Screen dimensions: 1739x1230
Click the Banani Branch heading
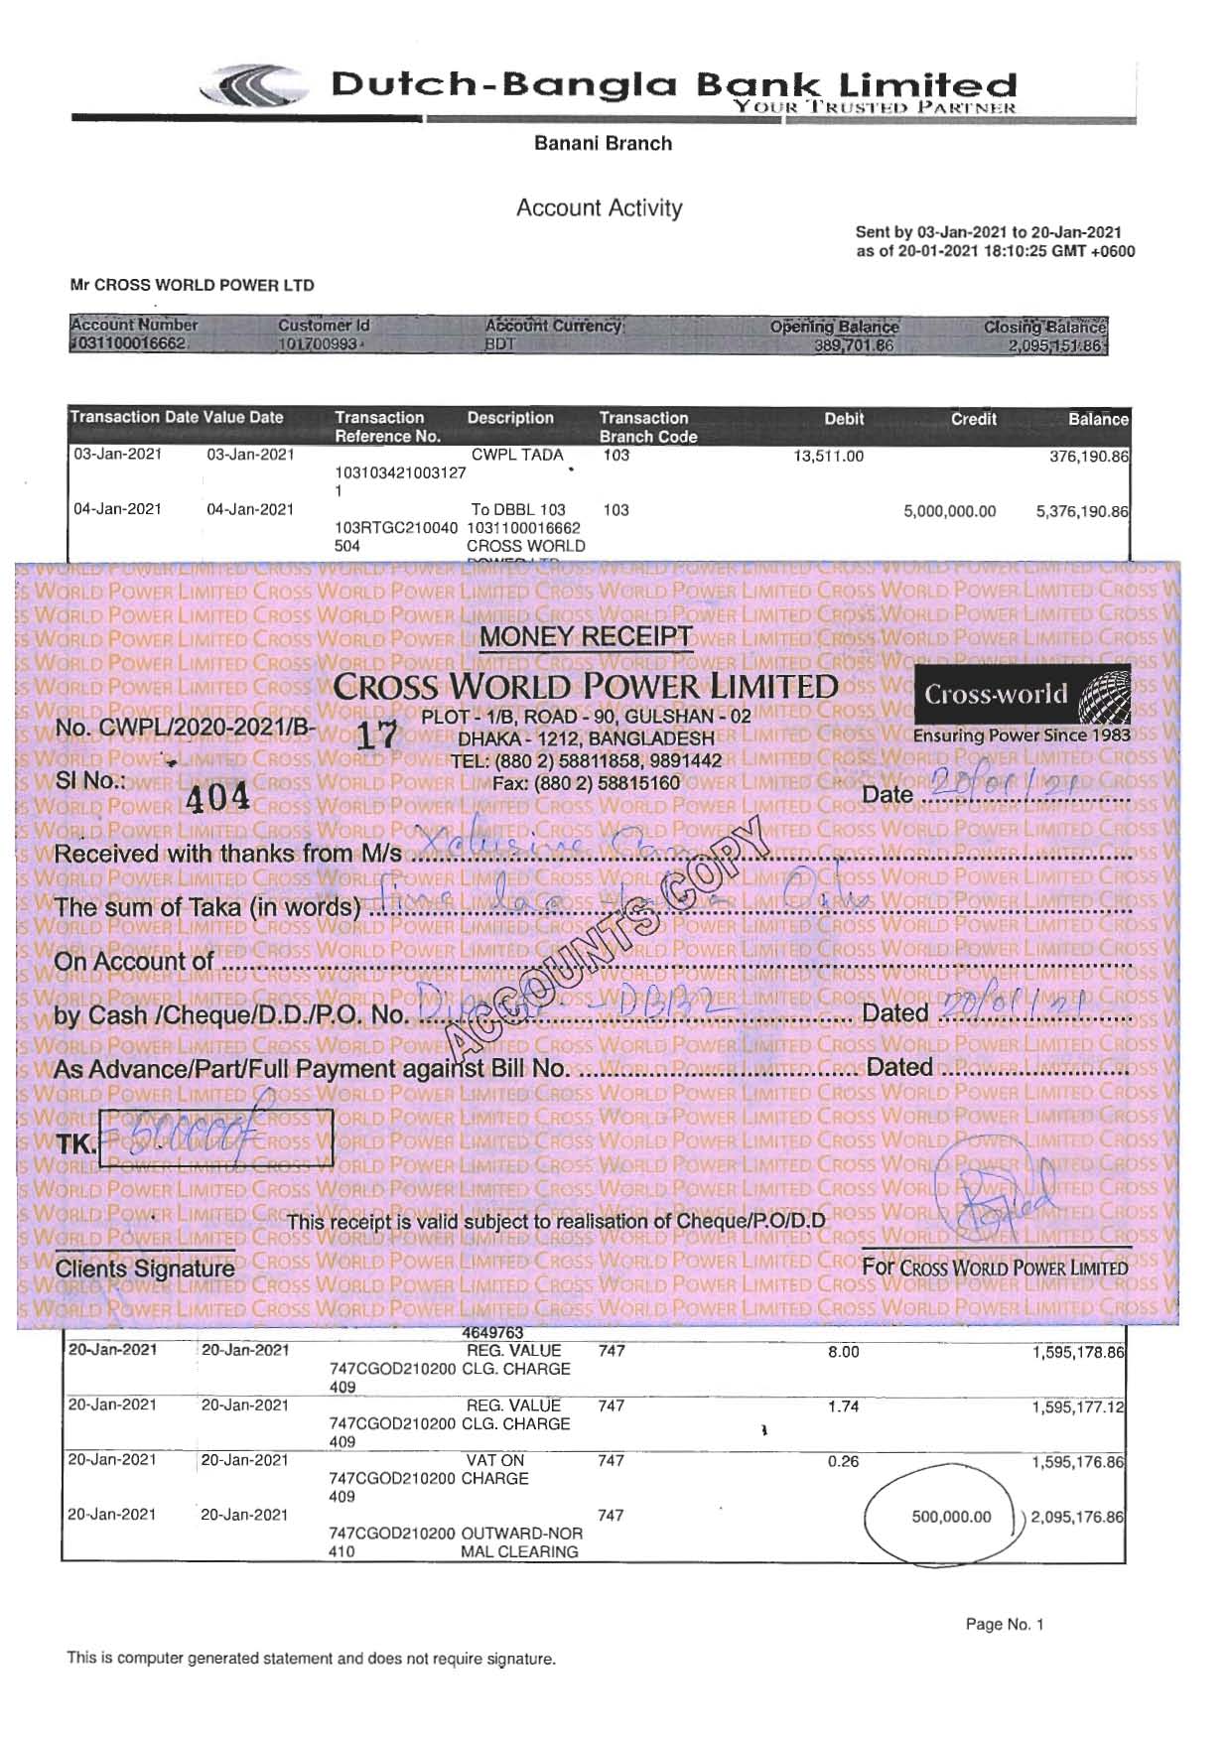[603, 143]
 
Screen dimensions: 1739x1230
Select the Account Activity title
[599, 207]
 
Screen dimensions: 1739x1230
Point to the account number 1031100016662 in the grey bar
[128, 343]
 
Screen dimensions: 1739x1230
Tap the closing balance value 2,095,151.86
[1054, 345]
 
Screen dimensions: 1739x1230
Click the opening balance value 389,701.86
[853, 345]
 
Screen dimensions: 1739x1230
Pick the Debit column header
[844, 419]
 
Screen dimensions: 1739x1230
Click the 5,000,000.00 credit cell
[949, 511]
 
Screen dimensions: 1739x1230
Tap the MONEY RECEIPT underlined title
[586, 636]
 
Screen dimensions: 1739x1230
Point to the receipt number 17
[376, 735]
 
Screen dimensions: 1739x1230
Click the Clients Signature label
[144, 1269]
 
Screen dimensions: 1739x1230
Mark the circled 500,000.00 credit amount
[950, 1517]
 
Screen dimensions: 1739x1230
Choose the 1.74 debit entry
[843, 1406]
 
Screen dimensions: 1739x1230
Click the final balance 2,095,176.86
[1077, 1517]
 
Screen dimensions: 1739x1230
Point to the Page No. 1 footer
[1004, 1624]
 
